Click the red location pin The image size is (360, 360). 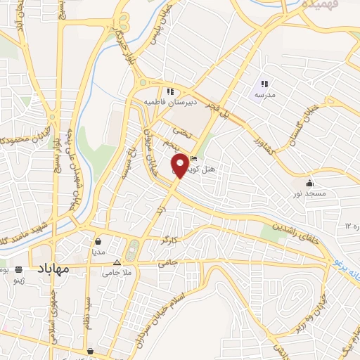point(180,165)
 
